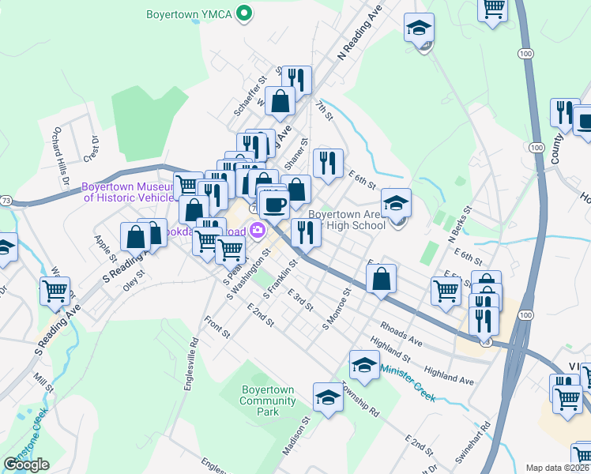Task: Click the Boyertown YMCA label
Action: point(190,13)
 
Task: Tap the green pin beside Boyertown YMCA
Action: point(245,13)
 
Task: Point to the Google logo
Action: point(26,464)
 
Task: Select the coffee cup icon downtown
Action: point(274,205)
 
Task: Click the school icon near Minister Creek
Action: point(363,364)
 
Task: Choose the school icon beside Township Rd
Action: point(328,397)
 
